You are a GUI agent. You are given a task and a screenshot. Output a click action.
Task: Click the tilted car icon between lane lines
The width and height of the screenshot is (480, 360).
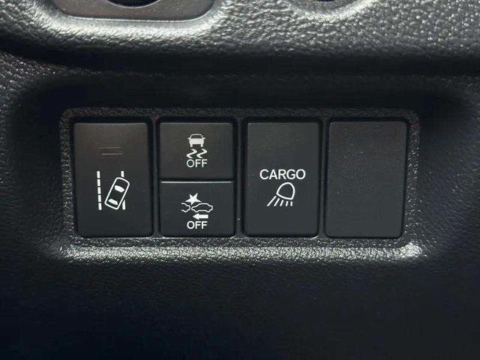click(117, 193)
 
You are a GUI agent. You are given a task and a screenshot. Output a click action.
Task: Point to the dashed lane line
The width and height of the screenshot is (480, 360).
click(99, 190)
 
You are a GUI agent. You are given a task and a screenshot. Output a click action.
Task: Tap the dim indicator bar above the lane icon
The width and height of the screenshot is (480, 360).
click(111, 151)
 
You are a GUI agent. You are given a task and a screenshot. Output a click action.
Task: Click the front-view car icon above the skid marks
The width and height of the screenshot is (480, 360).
click(196, 141)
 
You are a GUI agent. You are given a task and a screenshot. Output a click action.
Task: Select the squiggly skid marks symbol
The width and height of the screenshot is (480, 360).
click(196, 153)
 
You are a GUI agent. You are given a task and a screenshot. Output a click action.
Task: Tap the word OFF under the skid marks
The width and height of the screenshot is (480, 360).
click(196, 163)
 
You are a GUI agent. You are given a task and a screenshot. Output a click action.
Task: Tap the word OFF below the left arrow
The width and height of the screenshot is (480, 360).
click(196, 225)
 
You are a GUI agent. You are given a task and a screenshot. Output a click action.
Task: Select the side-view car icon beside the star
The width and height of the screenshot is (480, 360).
click(202, 208)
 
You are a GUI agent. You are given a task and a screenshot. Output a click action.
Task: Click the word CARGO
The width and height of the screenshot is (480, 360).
click(282, 174)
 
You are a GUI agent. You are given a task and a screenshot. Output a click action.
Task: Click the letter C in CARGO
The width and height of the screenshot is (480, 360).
click(264, 174)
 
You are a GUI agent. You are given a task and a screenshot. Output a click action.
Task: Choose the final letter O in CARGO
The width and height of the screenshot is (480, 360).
click(301, 174)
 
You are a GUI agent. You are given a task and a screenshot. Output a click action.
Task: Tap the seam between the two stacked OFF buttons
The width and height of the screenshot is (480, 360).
click(196, 181)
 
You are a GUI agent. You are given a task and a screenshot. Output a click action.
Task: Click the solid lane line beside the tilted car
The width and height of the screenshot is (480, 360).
click(123, 190)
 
